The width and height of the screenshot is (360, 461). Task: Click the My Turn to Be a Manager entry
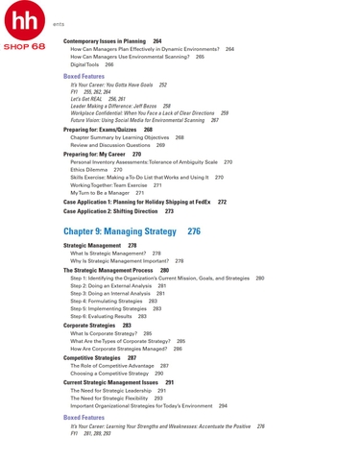pyautogui.click(x=102, y=193)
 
